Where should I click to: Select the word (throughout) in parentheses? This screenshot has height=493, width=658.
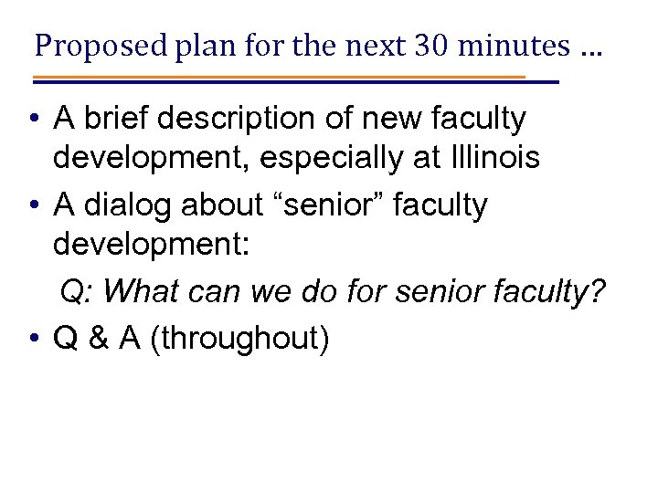(242, 339)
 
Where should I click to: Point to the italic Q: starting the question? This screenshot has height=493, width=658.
(76, 294)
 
